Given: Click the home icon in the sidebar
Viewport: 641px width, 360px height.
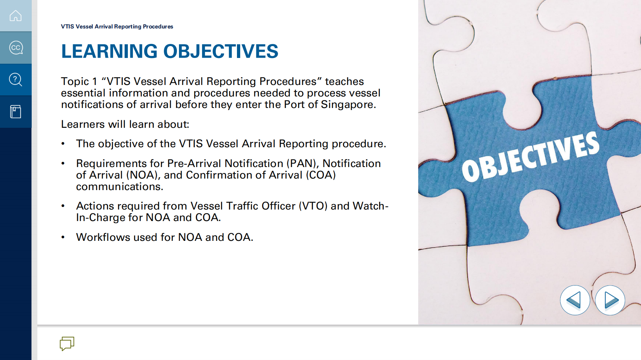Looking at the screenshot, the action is [x=15, y=16].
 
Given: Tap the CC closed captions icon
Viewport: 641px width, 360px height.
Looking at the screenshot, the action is [x=16, y=48].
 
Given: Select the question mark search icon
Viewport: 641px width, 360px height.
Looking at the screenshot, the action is [x=15, y=80].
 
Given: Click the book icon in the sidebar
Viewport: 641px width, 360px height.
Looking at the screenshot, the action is [x=15, y=112].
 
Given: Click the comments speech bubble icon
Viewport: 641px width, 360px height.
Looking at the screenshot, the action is [x=67, y=343].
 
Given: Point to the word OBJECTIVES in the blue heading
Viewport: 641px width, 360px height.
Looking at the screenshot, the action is [x=221, y=51].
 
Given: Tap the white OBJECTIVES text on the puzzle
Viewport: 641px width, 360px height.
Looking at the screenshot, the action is [x=531, y=156].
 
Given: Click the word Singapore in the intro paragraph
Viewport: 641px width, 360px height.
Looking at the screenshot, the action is [x=348, y=104].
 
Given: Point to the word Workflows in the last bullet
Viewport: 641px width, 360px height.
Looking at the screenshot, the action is [x=103, y=237].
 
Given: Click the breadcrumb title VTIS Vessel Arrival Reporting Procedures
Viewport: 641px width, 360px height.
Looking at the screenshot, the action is [x=117, y=27].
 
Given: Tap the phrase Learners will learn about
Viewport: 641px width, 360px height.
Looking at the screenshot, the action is [x=125, y=124].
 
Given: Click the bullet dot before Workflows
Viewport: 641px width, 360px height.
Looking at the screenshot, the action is [x=63, y=237].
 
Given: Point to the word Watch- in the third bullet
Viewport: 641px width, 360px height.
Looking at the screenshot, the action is [x=371, y=206].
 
